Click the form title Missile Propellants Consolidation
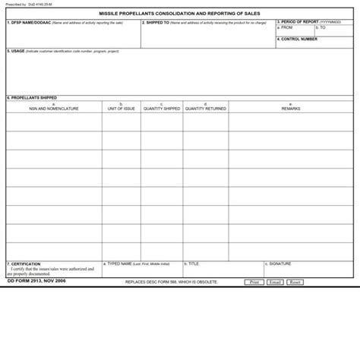click(x=179, y=14)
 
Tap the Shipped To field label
click(x=157, y=23)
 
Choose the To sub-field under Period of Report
click(x=322, y=27)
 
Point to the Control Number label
click(x=298, y=39)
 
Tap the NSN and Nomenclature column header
click(x=54, y=109)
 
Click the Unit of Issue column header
click(x=122, y=109)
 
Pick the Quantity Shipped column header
click(x=162, y=109)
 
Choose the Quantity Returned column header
click(x=205, y=109)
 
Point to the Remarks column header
click(x=291, y=109)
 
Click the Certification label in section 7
click(x=25, y=264)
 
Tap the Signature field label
click(x=279, y=264)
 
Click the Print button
click(x=254, y=282)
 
